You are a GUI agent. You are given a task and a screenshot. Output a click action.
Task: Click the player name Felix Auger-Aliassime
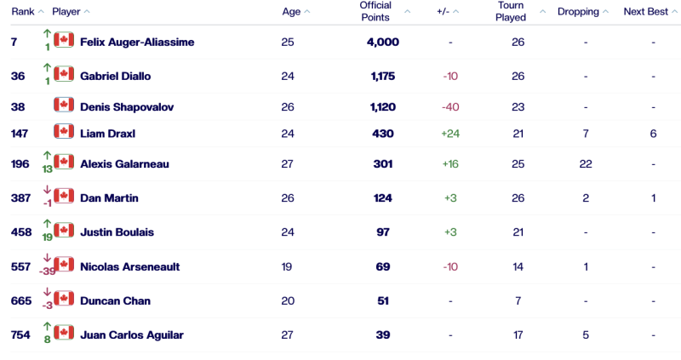(x=136, y=42)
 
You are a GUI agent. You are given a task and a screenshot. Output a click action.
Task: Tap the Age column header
(x=290, y=12)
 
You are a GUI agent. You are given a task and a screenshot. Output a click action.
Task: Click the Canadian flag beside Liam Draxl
(x=64, y=132)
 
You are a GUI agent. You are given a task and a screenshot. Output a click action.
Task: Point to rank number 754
(x=22, y=335)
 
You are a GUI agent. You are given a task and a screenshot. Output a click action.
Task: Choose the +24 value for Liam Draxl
(x=450, y=134)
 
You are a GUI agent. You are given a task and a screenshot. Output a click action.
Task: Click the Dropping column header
(x=578, y=12)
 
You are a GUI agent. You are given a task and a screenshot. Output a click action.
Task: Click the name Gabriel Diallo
(x=115, y=76)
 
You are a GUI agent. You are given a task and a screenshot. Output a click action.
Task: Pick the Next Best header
(x=646, y=12)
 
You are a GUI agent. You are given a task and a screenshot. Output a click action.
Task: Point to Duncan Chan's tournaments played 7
(x=518, y=300)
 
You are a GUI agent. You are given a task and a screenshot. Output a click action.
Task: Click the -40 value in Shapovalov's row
(x=450, y=108)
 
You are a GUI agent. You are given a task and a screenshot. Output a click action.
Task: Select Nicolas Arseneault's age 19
(x=287, y=266)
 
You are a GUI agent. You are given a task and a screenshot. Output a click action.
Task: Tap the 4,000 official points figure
(x=383, y=42)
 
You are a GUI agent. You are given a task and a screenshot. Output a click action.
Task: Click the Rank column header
(x=23, y=12)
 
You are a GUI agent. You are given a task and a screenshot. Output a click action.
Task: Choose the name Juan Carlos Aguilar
(x=131, y=335)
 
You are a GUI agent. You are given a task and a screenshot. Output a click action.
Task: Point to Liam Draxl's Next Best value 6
(x=653, y=134)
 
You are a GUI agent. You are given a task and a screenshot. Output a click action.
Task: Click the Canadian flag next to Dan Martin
(x=64, y=197)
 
